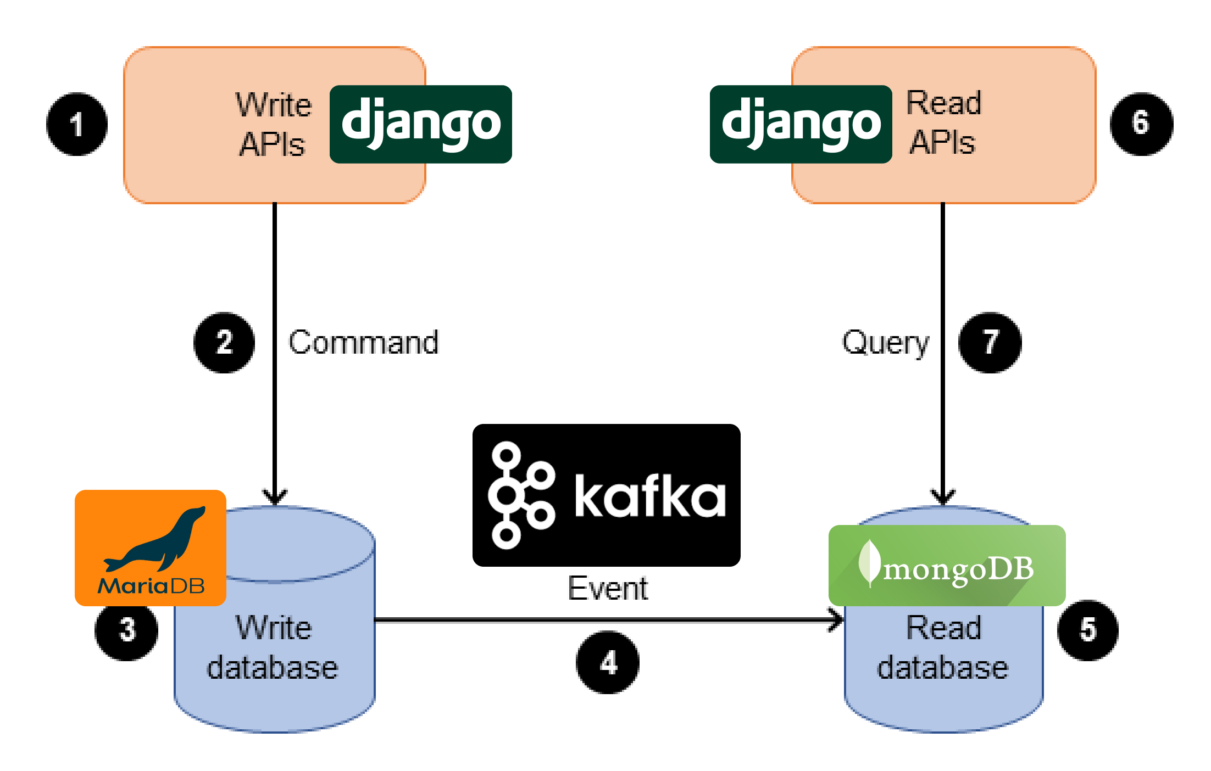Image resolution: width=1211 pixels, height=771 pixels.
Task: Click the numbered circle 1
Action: coord(77,124)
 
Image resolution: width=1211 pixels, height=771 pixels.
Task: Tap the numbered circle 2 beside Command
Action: coord(224,343)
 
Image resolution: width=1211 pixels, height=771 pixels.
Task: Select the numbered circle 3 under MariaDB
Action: coord(126,630)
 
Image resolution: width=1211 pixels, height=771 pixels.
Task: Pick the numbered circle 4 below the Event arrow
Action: coord(608,662)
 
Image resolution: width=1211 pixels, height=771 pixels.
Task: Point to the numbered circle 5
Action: coord(1088,630)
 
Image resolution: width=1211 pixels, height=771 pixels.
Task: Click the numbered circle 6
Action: coord(1141,124)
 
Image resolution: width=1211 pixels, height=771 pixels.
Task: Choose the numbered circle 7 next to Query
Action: coord(990,343)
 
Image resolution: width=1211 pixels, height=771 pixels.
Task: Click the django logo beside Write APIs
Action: coord(421,124)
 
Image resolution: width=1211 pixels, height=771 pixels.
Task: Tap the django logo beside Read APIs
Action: coord(801,124)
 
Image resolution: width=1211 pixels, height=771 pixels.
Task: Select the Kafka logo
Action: coord(607,495)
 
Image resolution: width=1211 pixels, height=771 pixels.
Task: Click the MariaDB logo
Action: coord(151,548)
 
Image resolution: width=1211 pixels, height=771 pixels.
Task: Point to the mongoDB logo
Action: coord(947,566)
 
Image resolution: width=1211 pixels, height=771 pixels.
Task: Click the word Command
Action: coord(364,343)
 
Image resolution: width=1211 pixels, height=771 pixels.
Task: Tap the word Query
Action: coord(886,343)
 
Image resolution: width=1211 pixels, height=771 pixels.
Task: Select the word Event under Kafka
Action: coord(608,589)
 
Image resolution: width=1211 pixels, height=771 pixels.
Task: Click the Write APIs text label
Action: coord(273,125)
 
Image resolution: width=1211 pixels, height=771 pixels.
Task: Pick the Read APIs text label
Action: coord(943,122)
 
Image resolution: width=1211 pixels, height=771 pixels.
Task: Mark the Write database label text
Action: coord(273,648)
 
